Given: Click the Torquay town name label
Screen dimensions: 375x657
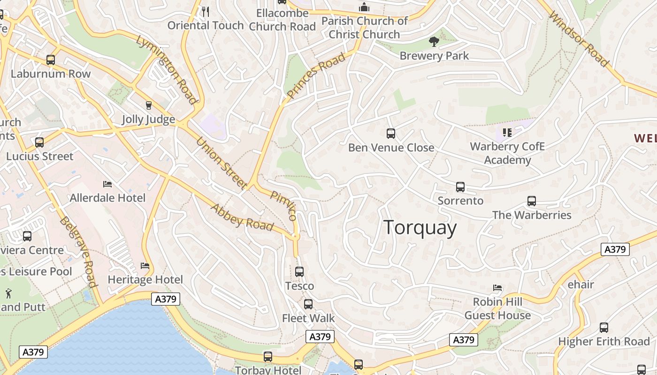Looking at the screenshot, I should click(420, 228).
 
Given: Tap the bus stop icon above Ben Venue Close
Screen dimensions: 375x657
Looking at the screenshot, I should click(390, 134).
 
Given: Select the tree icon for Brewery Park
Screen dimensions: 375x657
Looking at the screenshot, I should click(434, 42).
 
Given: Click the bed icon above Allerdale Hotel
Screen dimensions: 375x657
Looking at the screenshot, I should click(107, 184).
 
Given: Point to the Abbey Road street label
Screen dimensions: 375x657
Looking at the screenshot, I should click(242, 217).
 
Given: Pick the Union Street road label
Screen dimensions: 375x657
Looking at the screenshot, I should click(221, 163).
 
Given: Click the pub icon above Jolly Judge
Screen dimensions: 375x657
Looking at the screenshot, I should click(149, 105).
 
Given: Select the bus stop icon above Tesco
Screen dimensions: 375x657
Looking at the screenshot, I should click(299, 271).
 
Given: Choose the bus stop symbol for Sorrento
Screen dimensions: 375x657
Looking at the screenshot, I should click(460, 187).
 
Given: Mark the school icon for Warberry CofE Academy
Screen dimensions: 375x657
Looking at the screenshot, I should click(507, 133).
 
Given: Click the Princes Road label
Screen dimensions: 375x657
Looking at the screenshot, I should click(316, 75).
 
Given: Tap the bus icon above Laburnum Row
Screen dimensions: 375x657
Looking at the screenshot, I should click(51, 60).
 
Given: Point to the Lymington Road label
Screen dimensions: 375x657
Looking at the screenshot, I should click(167, 69).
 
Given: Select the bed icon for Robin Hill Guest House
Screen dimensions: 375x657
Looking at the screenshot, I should click(497, 288).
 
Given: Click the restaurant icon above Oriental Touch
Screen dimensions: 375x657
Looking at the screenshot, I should click(205, 11).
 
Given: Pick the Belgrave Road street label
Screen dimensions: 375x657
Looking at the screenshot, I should click(78, 252).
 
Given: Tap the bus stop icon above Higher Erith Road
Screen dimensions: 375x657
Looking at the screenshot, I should click(604, 328).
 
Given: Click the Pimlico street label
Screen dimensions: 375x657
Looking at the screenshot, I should click(283, 205).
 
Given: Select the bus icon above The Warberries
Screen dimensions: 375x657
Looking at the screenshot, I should click(531, 201).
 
